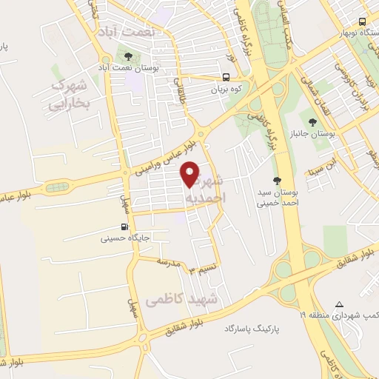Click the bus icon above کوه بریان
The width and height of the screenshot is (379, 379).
pos(225,76)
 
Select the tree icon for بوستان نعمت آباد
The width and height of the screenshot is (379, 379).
pos(128,56)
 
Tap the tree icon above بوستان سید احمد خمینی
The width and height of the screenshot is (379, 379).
pos(277,181)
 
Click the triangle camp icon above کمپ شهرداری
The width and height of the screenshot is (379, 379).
pos(340,304)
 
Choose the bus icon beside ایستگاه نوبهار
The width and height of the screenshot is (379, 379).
pos(362,21)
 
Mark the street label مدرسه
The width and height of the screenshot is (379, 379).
pos(169,262)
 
